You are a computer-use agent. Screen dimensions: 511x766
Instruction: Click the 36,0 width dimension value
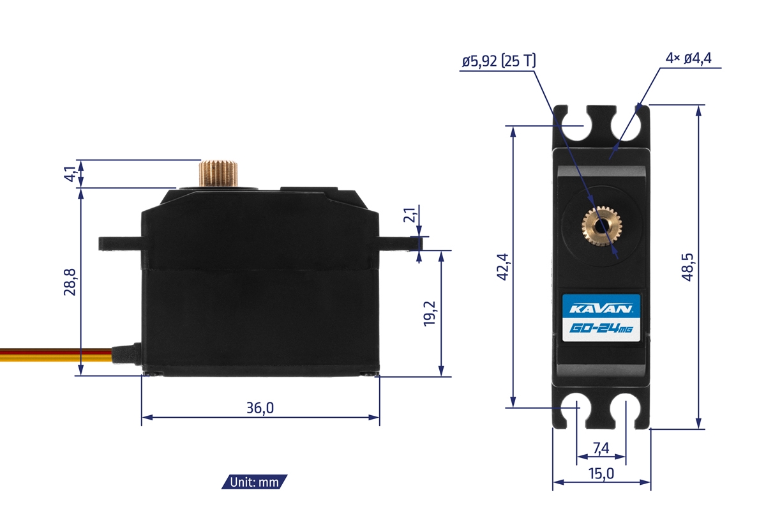point(260,408)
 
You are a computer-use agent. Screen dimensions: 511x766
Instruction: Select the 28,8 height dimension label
point(70,282)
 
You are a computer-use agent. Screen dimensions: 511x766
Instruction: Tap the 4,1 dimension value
point(70,173)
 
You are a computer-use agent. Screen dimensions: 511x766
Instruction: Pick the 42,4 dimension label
point(502,267)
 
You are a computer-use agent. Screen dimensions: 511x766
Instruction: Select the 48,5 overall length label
point(688,266)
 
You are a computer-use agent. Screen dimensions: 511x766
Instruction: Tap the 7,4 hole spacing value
point(601,448)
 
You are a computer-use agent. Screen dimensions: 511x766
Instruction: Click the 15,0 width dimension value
point(601,473)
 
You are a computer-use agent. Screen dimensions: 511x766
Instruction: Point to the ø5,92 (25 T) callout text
point(499,61)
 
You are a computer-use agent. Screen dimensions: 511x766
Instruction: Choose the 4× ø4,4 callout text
point(688,59)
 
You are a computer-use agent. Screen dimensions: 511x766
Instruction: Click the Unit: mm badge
point(255,482)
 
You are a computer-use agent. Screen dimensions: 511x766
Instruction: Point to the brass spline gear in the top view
point(600,225)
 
